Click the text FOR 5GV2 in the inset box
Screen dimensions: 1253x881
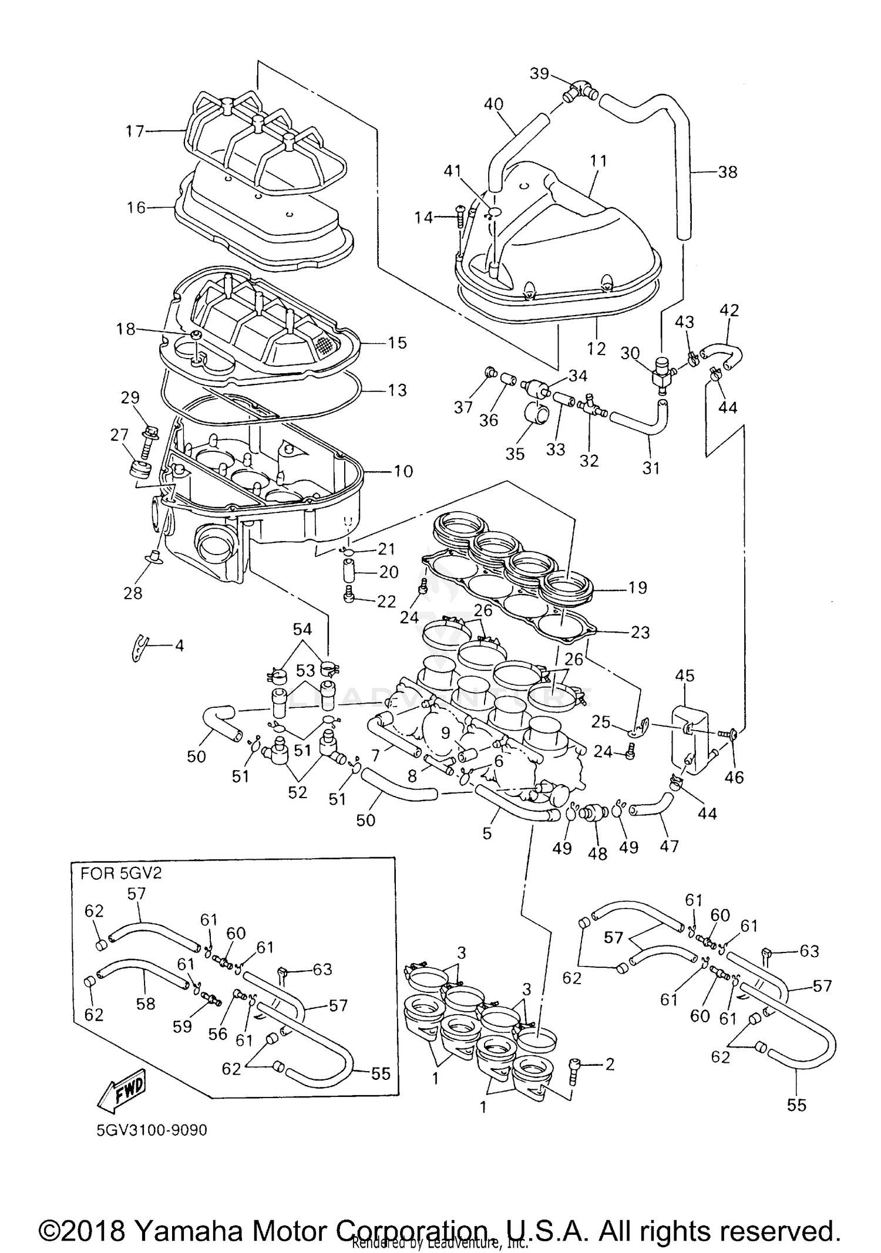pyautogui.click(x=121, y=873)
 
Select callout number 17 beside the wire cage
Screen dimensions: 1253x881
pyautogui.click(x=134, y=131)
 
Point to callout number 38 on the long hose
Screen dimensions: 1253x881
pyautogui.click(x=727, y=172)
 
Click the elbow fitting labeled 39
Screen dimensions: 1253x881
pyautogui.click(x=579, y=91)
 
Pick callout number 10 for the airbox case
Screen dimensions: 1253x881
pyautogui.click(x=403, y=471)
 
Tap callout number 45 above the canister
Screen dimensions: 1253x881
pyautogui.click(x=684, y=676)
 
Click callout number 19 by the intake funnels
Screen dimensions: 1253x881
pyautogui.click(x=637, y=587)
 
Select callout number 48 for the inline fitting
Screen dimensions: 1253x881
pyautogui.click(x=597, y=853)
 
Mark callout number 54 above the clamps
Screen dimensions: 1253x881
pyautogui.click(x=302, y=629)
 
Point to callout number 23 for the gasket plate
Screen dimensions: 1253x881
pyautogui.click(x=640, y=632)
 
